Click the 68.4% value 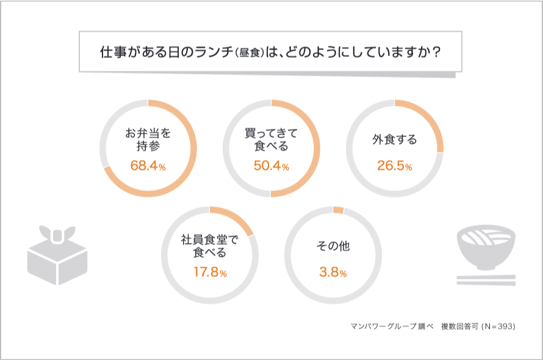pos(148,166)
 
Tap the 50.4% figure pos(271,166)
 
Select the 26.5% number pos(394,166)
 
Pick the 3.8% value pos(333,273)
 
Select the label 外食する pos(394,140)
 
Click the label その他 pos(333,247)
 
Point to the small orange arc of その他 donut pos(338,210)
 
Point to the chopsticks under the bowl pos(486,279)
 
